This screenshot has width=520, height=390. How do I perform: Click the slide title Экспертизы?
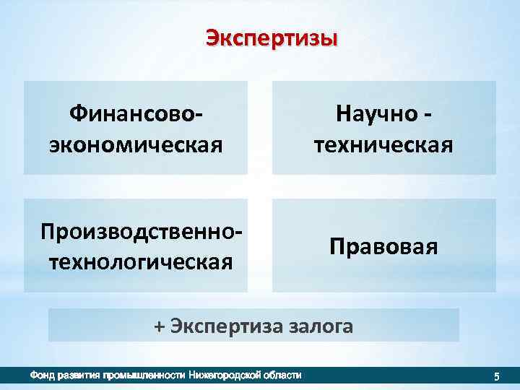pos(272,38)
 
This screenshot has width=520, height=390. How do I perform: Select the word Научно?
pos(376,114)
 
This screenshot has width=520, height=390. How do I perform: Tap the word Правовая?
pos(383,246)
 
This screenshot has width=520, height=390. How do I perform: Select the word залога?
pos(321,326)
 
